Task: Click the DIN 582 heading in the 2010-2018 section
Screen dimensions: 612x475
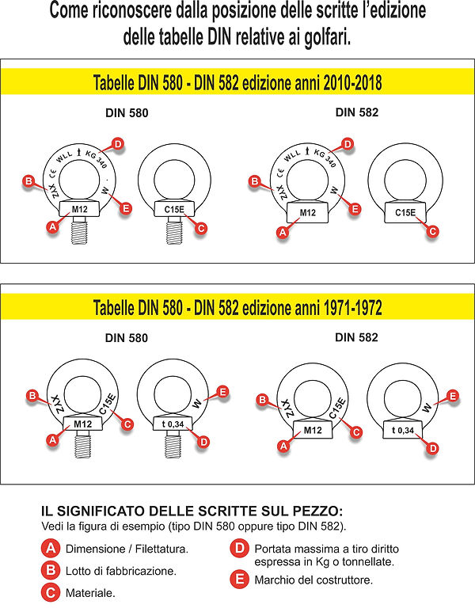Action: tap(356, 112)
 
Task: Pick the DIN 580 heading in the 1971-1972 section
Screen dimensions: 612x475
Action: tap(127, 337)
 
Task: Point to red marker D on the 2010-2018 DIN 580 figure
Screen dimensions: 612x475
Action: tap(117, 144)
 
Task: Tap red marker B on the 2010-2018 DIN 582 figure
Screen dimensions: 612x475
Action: tap(255, 182)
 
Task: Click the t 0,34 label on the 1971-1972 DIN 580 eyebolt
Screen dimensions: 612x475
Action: tap(173, 425)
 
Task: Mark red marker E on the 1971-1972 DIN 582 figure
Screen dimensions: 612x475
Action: tap(454, 395)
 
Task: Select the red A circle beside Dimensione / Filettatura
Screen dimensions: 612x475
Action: tap(50, 548)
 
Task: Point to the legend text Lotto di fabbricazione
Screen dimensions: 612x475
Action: tap(120, 569)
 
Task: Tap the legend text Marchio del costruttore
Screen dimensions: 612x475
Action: tap(313, 580)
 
